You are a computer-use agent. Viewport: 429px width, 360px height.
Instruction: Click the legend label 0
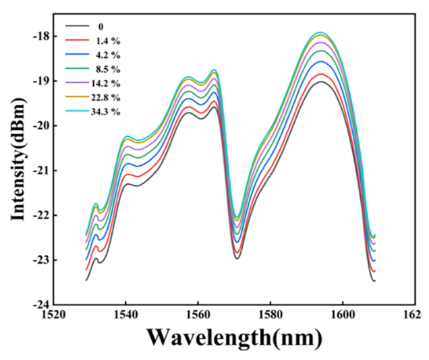click(101, 27)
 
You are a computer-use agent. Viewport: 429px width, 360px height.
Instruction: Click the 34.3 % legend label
click(107, 111)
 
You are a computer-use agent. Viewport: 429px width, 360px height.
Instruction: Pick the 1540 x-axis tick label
click(125, 314)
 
